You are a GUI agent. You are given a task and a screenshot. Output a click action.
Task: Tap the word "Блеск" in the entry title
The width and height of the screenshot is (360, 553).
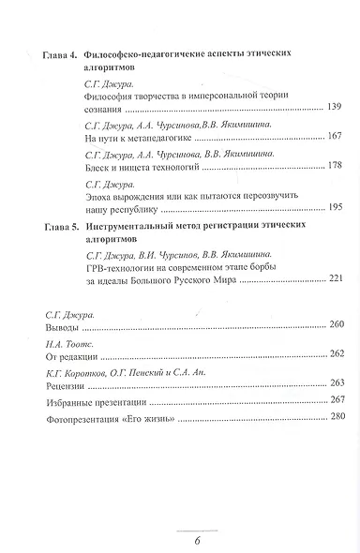(97, 166)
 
